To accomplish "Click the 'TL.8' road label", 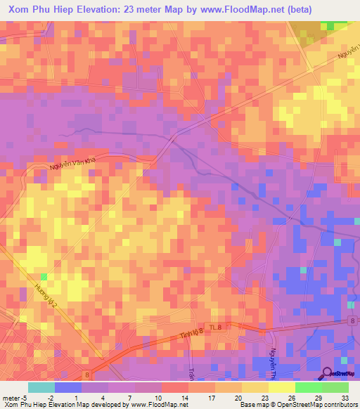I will (x=223, y=327).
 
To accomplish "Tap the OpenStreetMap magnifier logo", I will (x=327, y=373).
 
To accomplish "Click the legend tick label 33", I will (x=345, y=396).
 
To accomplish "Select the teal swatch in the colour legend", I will (x=41, y=387).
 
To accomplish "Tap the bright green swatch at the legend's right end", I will (x=335, y=387).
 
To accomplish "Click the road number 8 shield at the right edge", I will (x=352, y=321).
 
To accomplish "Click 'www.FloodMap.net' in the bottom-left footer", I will (x=151, y=405).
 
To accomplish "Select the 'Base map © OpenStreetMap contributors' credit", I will (x=297, y=405).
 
